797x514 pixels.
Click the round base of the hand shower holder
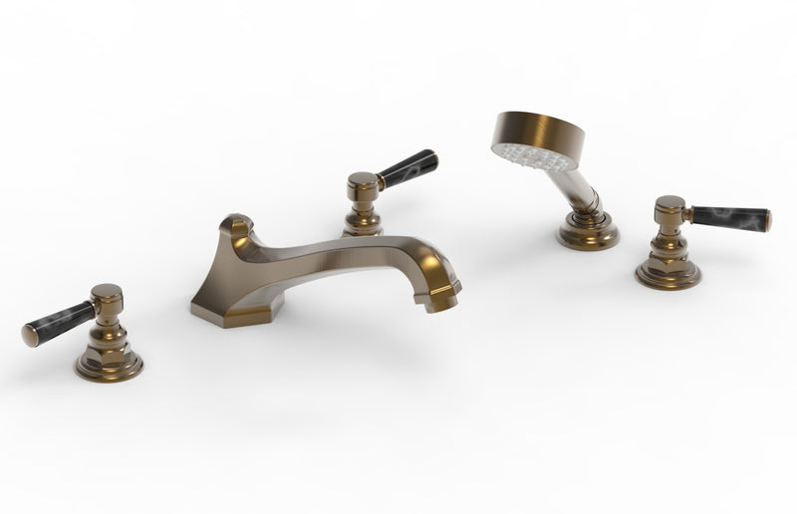click(x=588, y=235)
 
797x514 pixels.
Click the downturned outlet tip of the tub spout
click(x=442, y=299)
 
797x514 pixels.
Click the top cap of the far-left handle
click(x=106, y=293)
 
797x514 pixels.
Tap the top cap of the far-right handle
click(x=669, y=203)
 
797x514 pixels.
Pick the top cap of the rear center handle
click(x=363, y=180)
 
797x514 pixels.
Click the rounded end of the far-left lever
click(x=29, y=335)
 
